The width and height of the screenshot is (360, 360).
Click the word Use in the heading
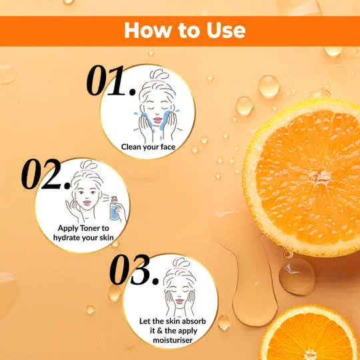(x=226, y=30)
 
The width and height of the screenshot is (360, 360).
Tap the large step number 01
(x=111, y=81)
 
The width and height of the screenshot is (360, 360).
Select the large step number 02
(x=46, y=174)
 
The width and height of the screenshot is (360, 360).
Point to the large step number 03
(x=134, y=269)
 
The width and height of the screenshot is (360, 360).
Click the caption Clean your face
(x=148, y=147)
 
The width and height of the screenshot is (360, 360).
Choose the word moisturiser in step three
(x=173, y=340)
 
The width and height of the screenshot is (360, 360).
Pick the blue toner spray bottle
(x=114, y=208)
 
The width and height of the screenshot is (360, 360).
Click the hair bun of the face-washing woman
(x=159, y=74)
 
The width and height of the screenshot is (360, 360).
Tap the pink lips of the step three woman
(x=179, y=301)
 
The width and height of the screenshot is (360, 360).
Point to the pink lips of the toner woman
(x=87, y=203)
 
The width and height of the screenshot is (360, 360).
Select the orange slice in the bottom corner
(x=310, y=333)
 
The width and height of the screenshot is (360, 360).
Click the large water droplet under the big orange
(x=297, y=276)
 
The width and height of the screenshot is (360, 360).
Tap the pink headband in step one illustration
(x=157, y=81)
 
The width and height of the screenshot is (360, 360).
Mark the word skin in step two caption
(x=107, y=237)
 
